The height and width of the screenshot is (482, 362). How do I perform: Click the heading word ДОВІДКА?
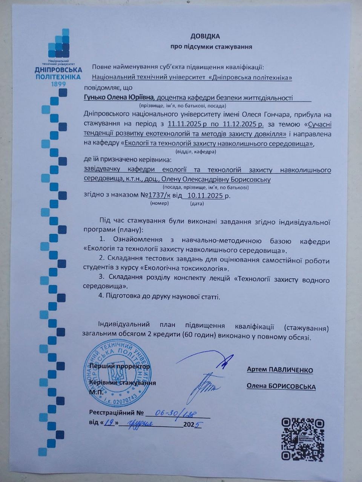coord(205,37)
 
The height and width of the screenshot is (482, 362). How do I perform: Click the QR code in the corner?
coord(303,439)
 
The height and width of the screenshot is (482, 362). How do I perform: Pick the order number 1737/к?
coord(160,195)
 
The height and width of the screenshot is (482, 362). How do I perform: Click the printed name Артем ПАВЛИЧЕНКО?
coord(280,370)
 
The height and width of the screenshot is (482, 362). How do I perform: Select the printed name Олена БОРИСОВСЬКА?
coord(281,387)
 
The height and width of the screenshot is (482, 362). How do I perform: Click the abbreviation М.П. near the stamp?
coord(96,392)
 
